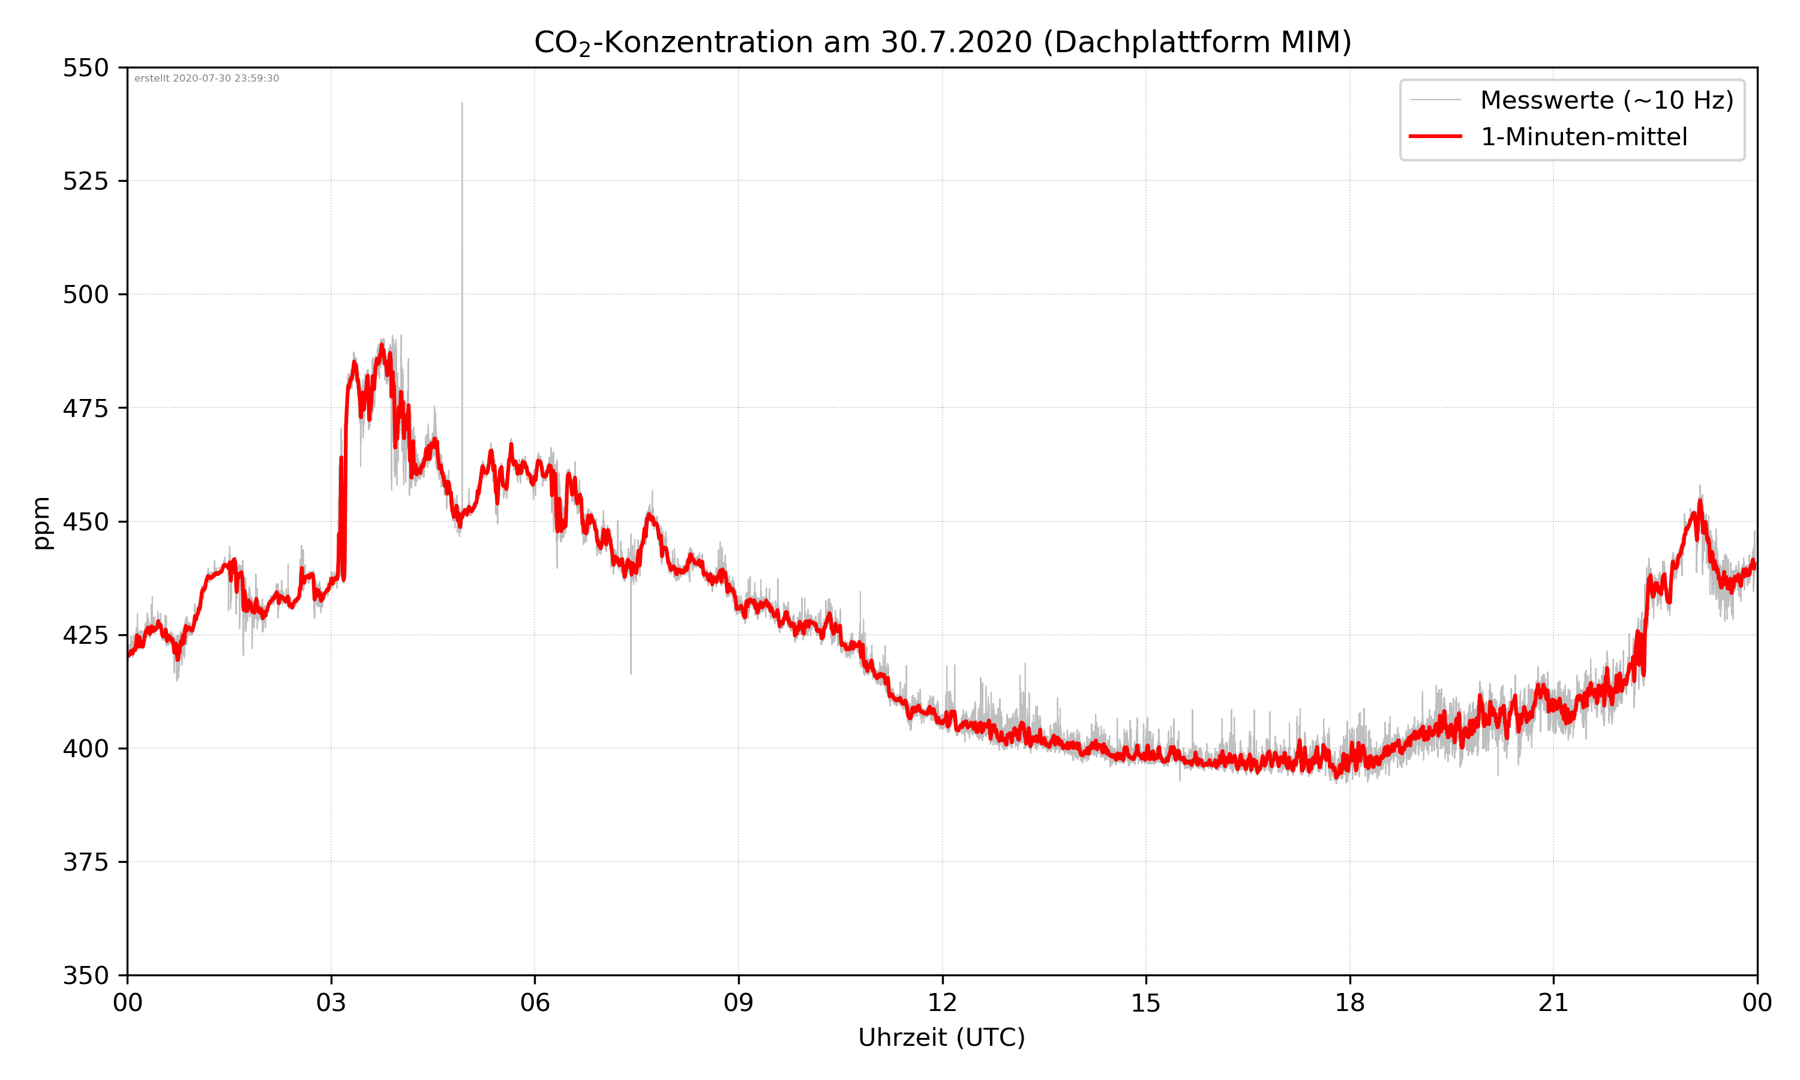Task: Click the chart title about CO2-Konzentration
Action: [942, 42]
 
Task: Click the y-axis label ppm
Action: [41, 523]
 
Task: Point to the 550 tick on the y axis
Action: [85, 68]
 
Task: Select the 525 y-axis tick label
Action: [85, 181]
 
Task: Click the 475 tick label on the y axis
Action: [85, 408]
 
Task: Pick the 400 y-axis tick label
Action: [85, 749]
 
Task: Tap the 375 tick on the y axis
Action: [85, 862]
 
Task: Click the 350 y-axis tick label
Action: [85, 976]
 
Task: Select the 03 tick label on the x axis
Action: [331, 1003]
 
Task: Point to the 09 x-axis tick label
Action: [739, 1003]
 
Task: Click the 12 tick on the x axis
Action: [942, 1003]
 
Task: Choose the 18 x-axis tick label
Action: [1349, 1003]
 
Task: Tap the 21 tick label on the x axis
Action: [1553, 1003]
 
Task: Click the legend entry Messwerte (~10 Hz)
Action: [1606, 100]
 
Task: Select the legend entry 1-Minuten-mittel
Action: [1583, 137]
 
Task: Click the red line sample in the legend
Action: [1435, 136]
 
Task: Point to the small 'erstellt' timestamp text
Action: [206, 79]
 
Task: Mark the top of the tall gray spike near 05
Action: [462, 103]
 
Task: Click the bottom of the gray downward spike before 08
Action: [631, 673]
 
